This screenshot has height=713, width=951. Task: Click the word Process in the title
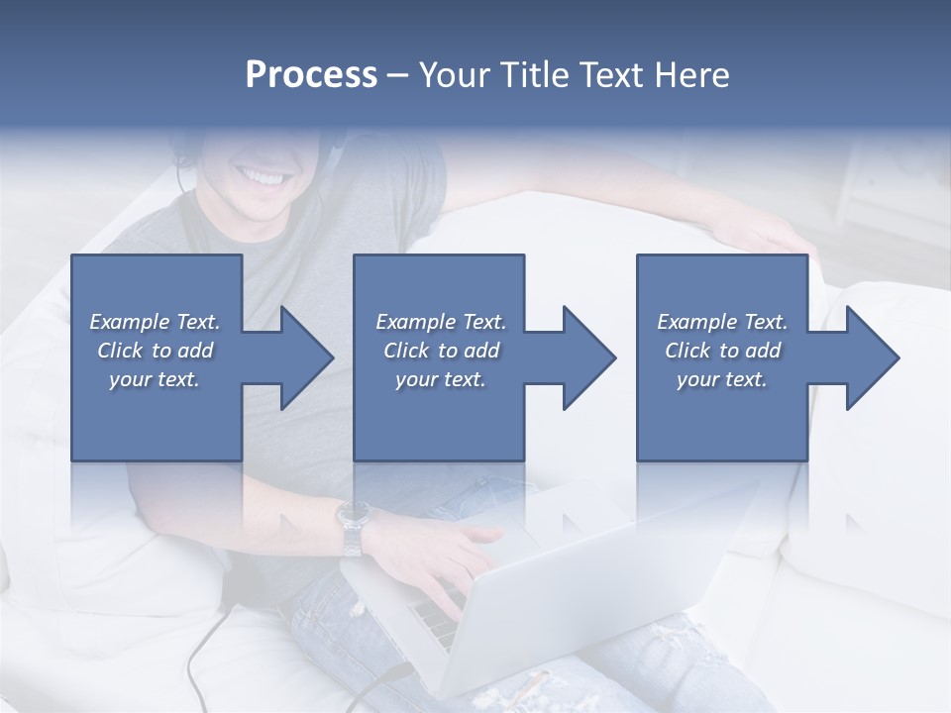[311, 75]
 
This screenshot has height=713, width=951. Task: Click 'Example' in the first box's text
[130, 322]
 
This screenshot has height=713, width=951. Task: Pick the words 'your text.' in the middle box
[440, 379]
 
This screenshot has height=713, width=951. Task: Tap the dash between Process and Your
[396, 75]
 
